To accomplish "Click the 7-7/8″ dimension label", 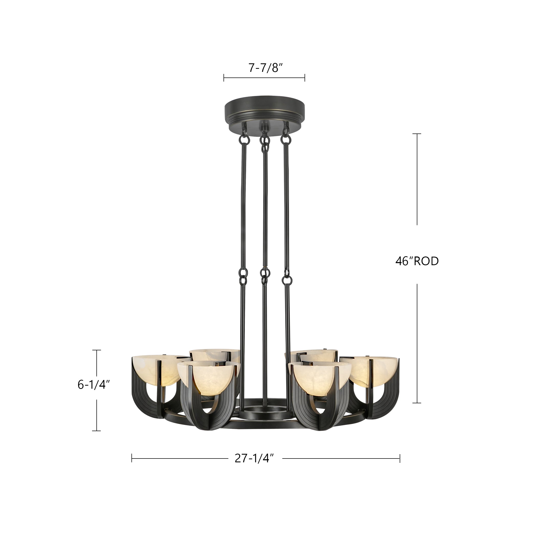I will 265,68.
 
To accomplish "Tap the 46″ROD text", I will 417,261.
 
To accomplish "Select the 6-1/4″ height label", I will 94,385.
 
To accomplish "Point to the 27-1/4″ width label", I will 255,458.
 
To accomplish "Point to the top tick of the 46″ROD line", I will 417,134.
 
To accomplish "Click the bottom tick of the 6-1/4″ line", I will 96,431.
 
